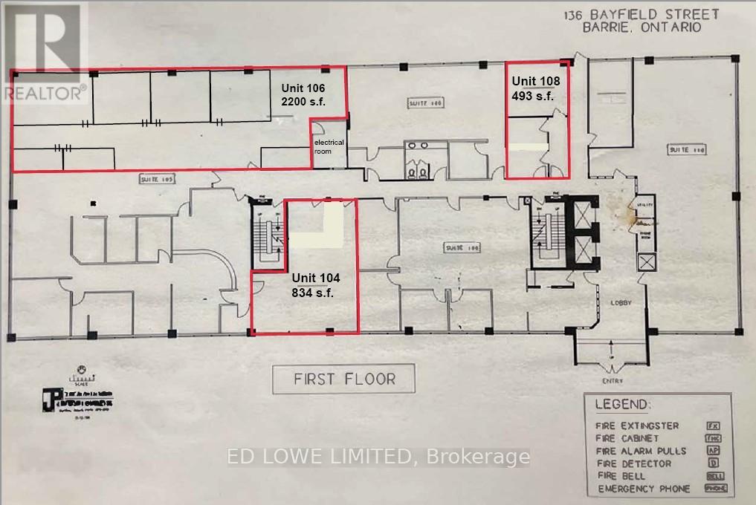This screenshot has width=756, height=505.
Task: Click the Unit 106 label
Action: (302, 88)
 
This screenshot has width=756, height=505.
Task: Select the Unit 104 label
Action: (315, 278)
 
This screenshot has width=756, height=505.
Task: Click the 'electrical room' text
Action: (328, 146)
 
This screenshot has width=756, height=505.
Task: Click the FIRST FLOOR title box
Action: (344, 379)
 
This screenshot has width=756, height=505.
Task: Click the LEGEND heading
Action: (621, 405)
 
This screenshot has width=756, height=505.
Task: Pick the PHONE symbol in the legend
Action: (715, 489)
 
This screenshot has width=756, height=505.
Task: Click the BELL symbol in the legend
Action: (715, 476)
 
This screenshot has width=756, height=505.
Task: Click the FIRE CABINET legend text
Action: (628, 438)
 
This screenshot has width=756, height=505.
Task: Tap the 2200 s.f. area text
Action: (303, 102)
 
